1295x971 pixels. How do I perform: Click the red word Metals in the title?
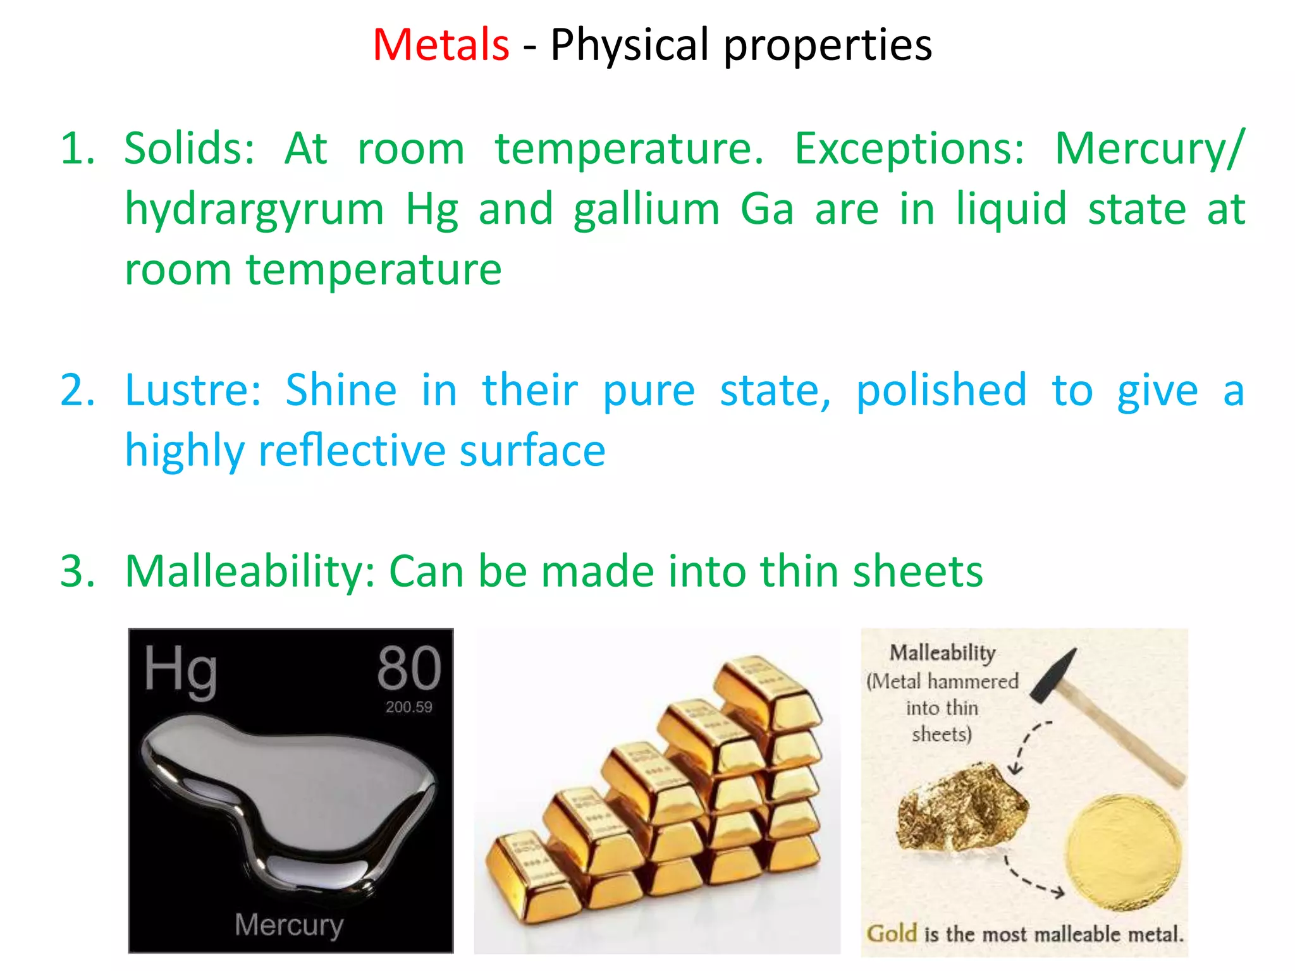pos(441,45)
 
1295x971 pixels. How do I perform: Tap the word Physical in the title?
pos(629,45)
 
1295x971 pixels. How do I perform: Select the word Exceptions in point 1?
pos(909,149)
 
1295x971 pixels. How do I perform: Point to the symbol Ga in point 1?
pos(766,209)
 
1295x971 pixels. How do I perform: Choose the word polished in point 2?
pos(942,391)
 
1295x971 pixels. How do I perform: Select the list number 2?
pos(77,390)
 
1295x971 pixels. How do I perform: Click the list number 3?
pos(77,571)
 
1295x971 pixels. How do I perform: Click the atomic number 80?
pos(408,668)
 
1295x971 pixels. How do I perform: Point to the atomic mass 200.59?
pos(408,707)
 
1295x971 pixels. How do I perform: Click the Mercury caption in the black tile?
pos(289,925)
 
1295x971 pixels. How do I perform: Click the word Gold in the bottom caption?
pos(892,933)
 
